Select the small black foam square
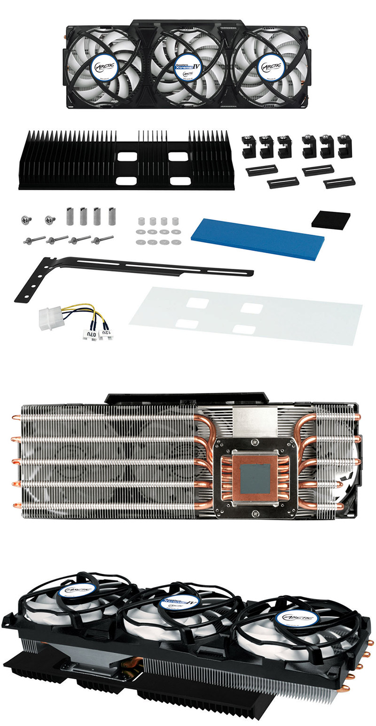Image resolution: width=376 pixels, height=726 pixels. coord(331,219)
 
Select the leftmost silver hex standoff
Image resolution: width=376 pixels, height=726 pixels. coord(70,216)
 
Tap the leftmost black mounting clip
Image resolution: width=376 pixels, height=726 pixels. coord(248,147)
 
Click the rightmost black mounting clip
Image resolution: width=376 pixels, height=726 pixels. coord(345,147)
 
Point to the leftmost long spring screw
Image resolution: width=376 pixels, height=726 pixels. coord(34,240)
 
